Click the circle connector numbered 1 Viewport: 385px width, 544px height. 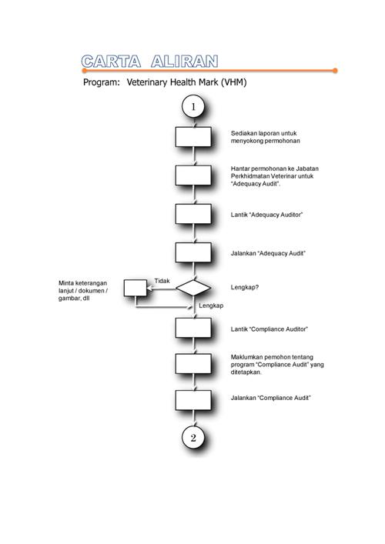coord(193,106)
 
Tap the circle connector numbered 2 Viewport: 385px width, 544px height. coord(193,438)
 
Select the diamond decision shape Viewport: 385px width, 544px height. coord(193,288)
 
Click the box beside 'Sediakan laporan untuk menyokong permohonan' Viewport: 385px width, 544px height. coord(193,137)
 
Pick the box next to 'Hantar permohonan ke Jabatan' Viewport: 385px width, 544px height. coord(193,175)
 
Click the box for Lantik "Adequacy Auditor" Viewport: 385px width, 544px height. coord(193,214)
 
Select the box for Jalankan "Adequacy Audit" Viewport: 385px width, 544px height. coord(193,252)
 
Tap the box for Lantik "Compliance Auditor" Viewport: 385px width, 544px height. coord(193,328)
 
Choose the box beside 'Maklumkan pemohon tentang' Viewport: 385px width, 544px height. coord(193,364)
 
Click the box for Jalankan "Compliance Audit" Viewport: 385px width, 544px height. coord(193,400)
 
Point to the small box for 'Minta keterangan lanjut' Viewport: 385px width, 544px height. coord(136,288)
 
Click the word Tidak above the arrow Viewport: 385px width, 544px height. coord(162,281)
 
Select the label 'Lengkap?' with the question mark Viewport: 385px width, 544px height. coord(245,287)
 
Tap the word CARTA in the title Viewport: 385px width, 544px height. coord(111,62)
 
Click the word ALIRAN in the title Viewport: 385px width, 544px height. coord(184,62)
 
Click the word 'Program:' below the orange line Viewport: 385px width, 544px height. coord(102,82)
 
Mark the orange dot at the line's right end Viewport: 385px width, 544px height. coord(335,71)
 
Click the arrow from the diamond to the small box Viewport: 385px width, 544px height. coord(162,288)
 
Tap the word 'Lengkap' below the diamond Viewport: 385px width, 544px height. coord(211,305)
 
